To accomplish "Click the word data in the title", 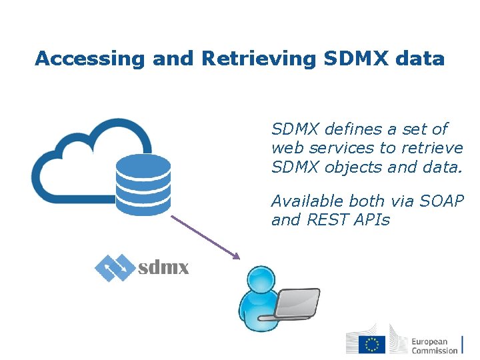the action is [x=419, y=59].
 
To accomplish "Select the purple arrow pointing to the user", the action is [x=205, y=237].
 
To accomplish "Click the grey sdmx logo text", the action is [x=163, y=269].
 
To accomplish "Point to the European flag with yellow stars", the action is [x=372, y=345].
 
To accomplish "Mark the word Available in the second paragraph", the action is [x=304, y=201].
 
